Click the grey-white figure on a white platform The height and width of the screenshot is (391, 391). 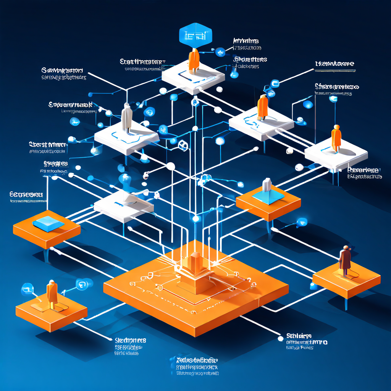coord(127,118)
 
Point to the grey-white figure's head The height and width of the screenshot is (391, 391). coord(127,106)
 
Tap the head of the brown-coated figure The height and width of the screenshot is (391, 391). coord(346,248)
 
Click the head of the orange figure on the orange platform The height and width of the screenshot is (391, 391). coord(51,283)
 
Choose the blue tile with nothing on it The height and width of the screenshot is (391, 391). coord(48,223)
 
